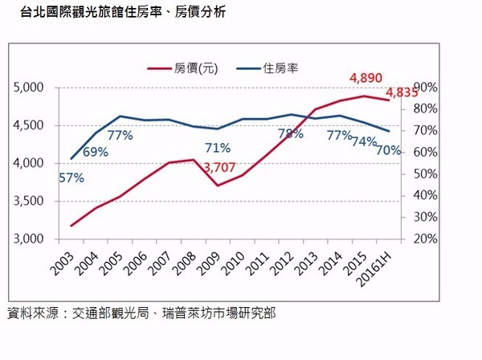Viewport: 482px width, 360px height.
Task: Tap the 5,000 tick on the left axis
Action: tap(30, 88)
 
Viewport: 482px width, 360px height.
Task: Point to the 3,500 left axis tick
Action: tap(30, 202)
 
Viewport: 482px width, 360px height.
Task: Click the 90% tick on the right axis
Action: tap(425, 88)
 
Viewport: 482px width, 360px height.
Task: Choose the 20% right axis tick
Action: tap(425, 239)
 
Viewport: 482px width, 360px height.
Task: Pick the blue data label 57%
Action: tap(71, 178)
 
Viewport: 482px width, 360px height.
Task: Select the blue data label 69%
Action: tap(95, 152)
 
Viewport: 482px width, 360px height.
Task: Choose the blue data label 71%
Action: tap(218, 148)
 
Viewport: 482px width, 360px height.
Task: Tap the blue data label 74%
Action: tap(364, 141)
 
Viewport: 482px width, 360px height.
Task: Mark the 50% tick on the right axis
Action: tap(425, 174)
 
